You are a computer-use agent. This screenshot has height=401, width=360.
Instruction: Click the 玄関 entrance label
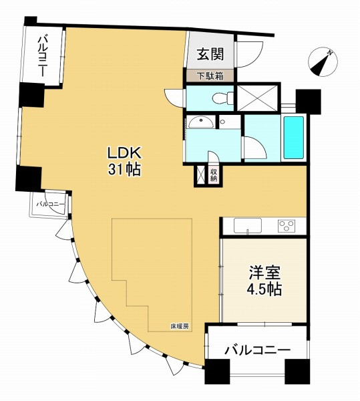[210, 54]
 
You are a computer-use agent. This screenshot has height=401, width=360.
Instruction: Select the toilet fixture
[222, 98]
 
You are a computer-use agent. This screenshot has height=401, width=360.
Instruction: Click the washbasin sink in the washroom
[201, 122]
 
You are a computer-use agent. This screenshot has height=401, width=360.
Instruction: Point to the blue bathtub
[294, 137]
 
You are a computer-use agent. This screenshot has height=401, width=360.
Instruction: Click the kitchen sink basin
[248, 226]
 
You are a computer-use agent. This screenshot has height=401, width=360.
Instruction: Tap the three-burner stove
[287, 226]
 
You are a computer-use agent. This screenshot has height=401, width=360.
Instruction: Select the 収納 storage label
[214, 175]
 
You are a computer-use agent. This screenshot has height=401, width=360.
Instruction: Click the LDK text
[124, 154]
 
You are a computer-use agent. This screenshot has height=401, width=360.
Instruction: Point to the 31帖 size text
[124, 169]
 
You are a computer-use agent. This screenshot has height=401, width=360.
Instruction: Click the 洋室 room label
[265, 273]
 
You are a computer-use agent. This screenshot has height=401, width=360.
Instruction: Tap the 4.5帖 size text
[264, 289]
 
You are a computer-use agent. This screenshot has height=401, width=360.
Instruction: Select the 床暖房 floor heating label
[180, 326]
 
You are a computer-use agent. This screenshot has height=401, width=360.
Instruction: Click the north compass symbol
[323, 61]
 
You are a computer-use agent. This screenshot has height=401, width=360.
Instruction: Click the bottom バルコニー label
[257, 350]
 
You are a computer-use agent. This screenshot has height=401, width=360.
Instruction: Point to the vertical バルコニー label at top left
[43, 57]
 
